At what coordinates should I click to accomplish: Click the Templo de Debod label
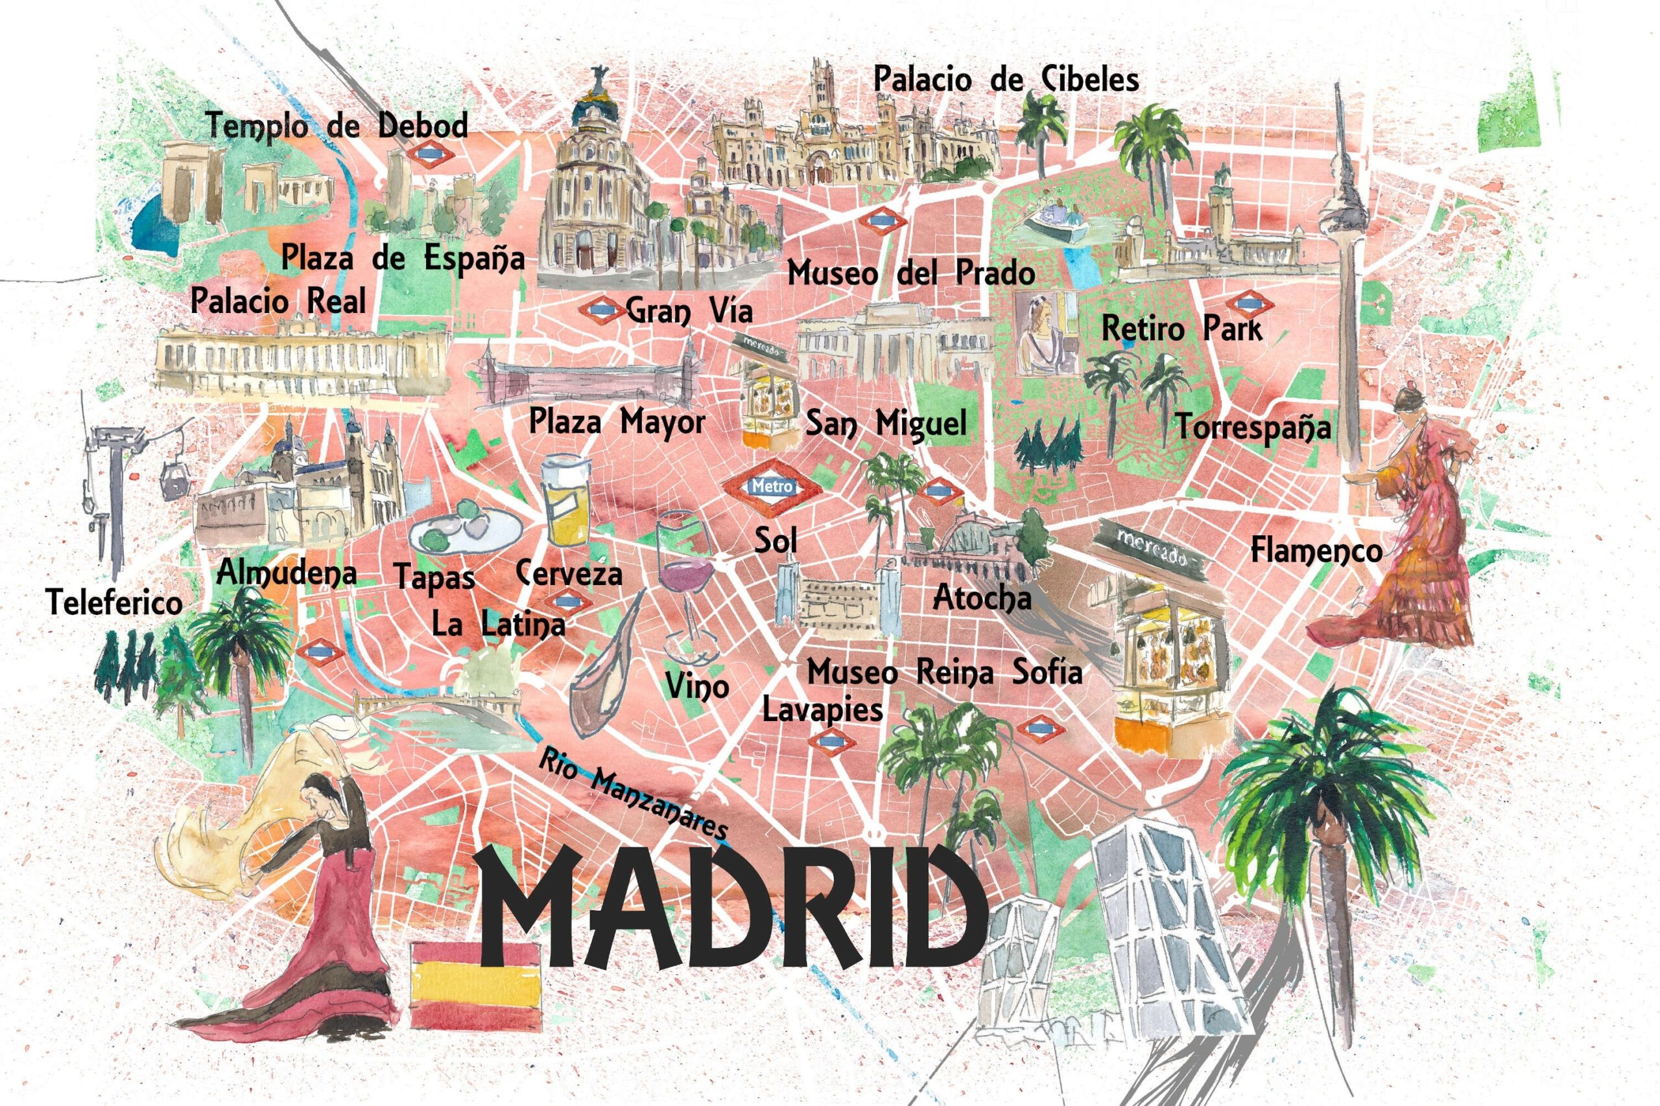pos(337,127)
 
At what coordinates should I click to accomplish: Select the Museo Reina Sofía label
pos(943,672)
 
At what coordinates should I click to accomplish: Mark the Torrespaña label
pos(1253,428)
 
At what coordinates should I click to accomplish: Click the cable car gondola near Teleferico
pos(174,481)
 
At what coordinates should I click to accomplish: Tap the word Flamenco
pos(1316,550)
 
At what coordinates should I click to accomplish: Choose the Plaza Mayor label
pos(617,423)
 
